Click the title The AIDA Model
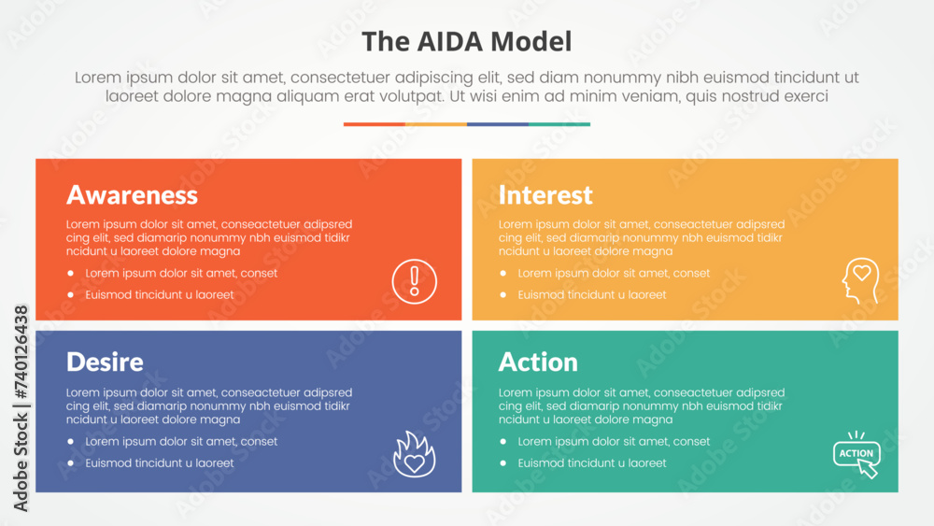point(466,42)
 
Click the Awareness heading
point(132,194)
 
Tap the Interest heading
point(545,194)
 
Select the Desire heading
point(105,362)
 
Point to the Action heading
point(538,362)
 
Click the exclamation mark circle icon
point(415,281)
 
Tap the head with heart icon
point(860,279)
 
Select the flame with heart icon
point(415,453)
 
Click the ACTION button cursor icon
point(856,454)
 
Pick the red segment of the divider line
point(375,124)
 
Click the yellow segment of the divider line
point(436,124)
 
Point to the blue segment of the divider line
point(498,124)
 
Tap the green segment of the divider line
point(559,124)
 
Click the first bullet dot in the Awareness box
point(71,273)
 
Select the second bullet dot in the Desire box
point(71,462)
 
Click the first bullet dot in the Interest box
point(503,273)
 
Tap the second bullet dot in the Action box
point(503,462)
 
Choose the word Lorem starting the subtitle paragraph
point(97,78)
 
